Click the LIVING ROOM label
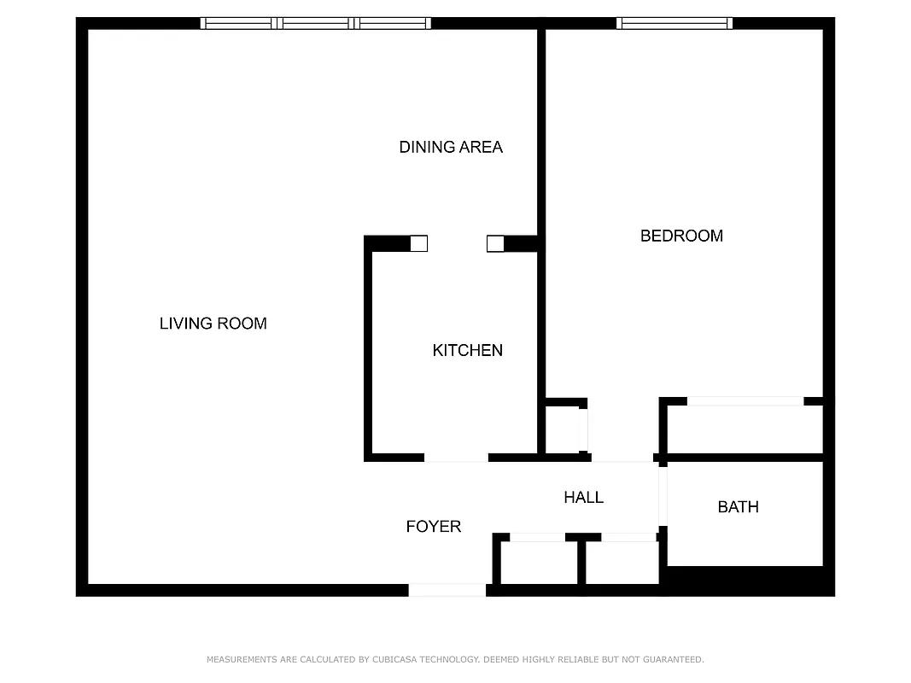tap(213, 324)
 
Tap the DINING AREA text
tap(451, 147)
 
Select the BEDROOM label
tap(681, 236)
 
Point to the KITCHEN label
tap(467, 350)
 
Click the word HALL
tap(583, 497)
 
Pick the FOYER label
tap(433, 527)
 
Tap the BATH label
tap(738, 507)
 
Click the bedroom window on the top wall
tap(674, 24)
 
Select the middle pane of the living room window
tap(315, 24)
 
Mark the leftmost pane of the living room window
tap(238, 24)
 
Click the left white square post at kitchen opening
tap(418, 244)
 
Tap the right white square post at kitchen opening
tap(495, 244)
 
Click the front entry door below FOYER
tap(447, 590)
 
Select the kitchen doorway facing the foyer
tap(456, 458)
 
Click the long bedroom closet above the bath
tap(744, 429)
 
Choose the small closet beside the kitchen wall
tap(563, 429)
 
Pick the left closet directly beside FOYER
tap(537, 563)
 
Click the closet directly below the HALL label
tap(622, 563)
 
